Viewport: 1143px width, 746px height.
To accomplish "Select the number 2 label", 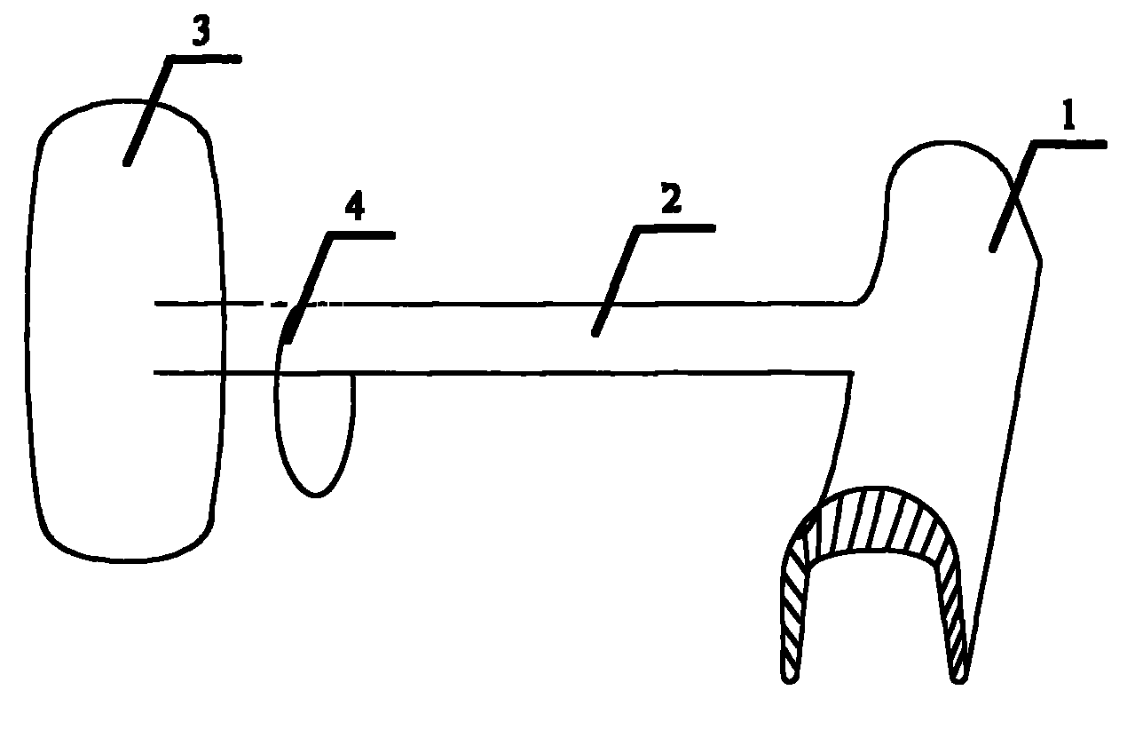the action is tap(671, 202).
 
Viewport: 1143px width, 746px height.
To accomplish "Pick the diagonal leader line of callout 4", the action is tap(311, 284).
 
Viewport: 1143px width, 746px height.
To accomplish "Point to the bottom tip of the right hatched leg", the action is tap(959, 679).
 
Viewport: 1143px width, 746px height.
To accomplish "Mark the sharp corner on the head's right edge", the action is tap(1040, 261).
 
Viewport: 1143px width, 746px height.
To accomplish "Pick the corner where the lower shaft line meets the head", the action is tap(852, 374).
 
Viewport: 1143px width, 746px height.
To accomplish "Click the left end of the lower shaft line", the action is tap(156, 373).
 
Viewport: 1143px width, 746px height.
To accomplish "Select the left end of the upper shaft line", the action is tap(156, 305).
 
